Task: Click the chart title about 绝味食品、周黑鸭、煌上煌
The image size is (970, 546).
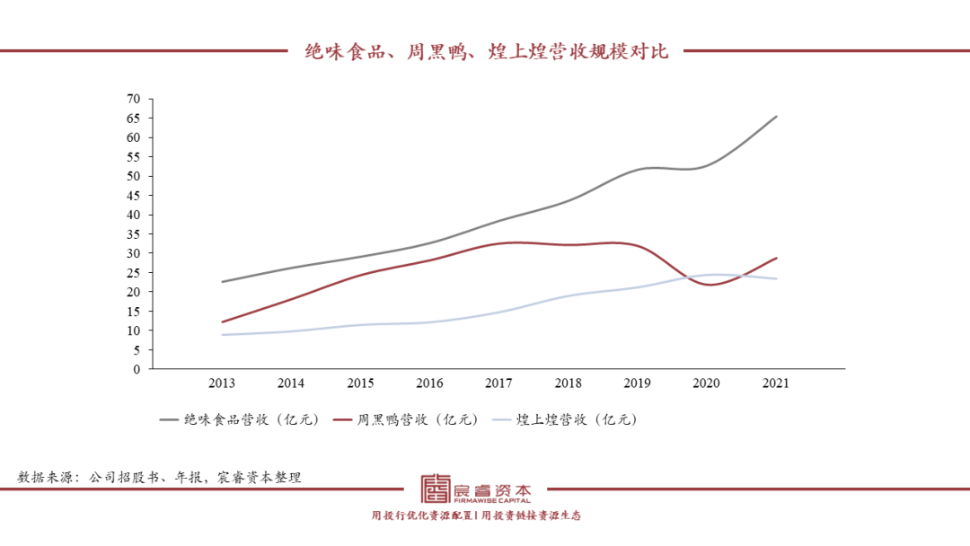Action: point(486,51)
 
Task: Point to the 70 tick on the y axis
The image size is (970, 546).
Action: point(134,99)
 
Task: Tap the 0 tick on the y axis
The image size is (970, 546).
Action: point(137,369)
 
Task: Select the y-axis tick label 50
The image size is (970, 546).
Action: point(134,176)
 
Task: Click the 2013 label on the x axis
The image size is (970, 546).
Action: point(222,383)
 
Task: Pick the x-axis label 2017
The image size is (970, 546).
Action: point(498,383)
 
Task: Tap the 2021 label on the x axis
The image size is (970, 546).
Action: point(775,383)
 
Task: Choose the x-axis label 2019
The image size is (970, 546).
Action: point(637,383)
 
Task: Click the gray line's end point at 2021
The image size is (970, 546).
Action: point(776,117)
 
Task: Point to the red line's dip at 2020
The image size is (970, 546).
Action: point(708,285)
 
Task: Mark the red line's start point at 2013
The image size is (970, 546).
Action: point(222,321)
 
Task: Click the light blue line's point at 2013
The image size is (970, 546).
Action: point(222,335)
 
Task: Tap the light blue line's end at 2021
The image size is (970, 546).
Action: point(776,278)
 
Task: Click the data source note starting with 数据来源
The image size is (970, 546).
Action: point(160,478)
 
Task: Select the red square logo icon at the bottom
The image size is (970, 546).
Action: point(436,489)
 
